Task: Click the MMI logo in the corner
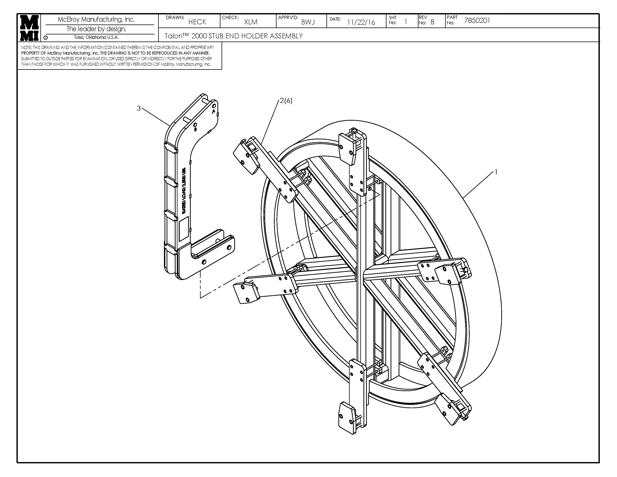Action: pyautogui.click(x=29, y=28)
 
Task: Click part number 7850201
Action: pyautogui.click(x=477, y=20)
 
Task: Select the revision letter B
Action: pyautogui.click(x=432, y=22)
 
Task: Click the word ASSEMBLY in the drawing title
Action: pyautogui.click(x=286, y=36)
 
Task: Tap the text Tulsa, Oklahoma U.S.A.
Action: pyautogui.click(x=96, y=37)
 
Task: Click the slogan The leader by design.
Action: pyautogui.click(x=96, y=29)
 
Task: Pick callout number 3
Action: pyautogui.click(x=138, y=108)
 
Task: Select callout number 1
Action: pyautogui.click(x=496, y=172)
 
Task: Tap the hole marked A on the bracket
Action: pyautogui.click(x=214, y=106)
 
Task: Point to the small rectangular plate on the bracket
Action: pyautogui.click(x=184, y=230)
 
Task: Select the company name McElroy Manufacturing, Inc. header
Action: pyautogui.click(x=96, y=19)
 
